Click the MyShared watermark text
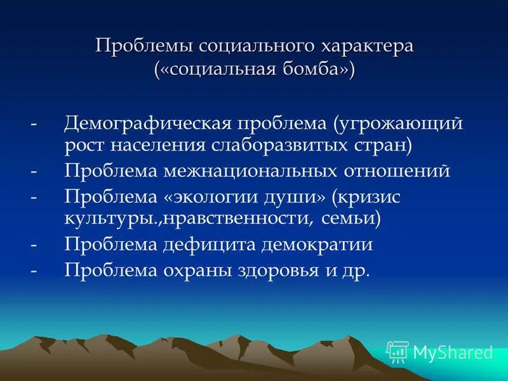(453, 352)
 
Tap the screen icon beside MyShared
(398, 352)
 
